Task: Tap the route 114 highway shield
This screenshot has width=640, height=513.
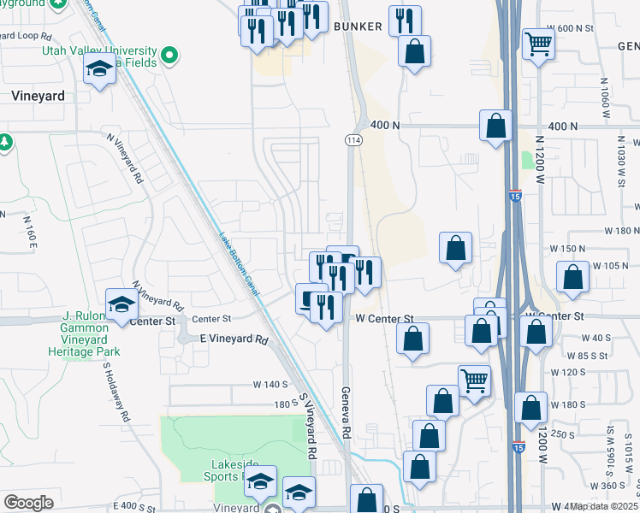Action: click(x=353, y=139)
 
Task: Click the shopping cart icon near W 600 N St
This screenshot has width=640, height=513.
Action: click(x=538, y=43)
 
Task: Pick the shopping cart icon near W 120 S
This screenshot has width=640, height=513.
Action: click(x=474, y=380)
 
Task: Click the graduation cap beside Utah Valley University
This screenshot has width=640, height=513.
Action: click(x=100, y=71)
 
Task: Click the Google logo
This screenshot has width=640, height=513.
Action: click(x=28, y=503)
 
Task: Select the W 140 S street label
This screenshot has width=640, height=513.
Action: click(x=270, y=385)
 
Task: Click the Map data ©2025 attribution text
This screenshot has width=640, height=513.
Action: click(x=604, y=506)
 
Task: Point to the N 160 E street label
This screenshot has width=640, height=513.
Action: click(x=33, y=233)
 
